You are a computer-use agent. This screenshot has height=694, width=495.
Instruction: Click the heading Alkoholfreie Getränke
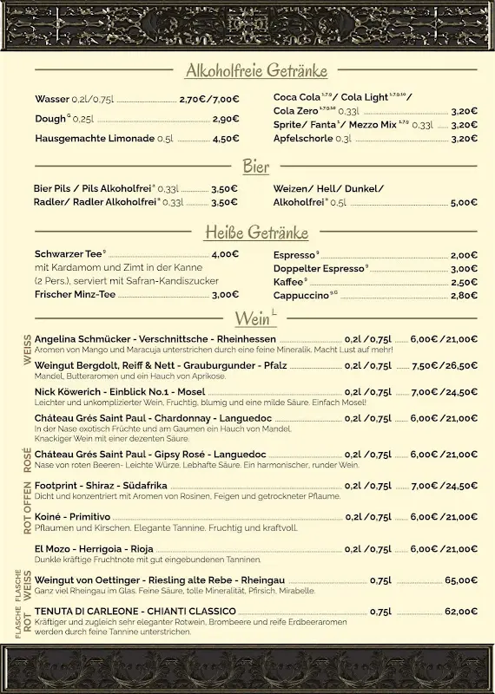(x=255, y=70)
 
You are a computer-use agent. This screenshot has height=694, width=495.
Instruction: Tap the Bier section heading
(x=255, y=166)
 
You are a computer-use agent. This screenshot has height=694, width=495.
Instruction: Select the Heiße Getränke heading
(x=255, y=232)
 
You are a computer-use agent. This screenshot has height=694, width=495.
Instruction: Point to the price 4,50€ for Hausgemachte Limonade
(x=225, y=138)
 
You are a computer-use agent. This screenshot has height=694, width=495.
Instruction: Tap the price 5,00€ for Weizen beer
(x=464, y=202)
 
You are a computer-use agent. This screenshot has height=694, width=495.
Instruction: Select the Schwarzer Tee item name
(x=69, y=254)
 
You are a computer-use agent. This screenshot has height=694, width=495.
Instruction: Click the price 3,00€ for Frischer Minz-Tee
(x=225, y=294)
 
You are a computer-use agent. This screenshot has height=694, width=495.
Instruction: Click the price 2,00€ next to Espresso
(x=464, y=255)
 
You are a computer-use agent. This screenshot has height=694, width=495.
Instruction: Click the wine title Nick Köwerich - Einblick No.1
(x=120, y=392)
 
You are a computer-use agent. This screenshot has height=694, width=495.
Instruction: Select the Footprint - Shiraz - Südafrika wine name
(x=101, y=486)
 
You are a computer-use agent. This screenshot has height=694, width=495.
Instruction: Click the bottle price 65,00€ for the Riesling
(x=461, y=580)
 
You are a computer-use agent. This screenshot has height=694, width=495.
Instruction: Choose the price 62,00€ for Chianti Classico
(x=461, y=611)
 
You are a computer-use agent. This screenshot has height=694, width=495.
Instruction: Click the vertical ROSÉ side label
(x=27, y=457)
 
